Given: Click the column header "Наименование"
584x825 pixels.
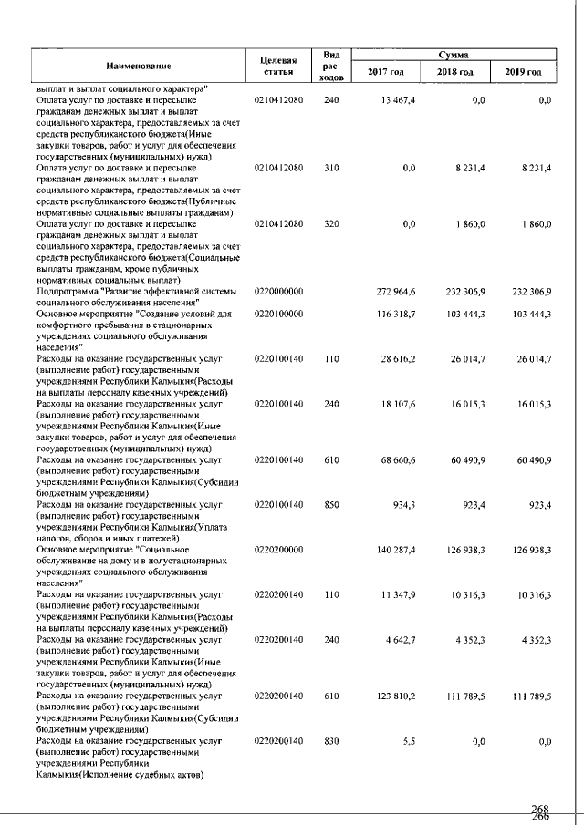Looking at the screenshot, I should click(139, 67).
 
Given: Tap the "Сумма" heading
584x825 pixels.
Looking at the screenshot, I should click(454, 55).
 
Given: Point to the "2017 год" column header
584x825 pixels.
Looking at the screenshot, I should click(386, 72).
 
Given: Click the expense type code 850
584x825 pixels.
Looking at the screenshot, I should click(331, 503).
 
